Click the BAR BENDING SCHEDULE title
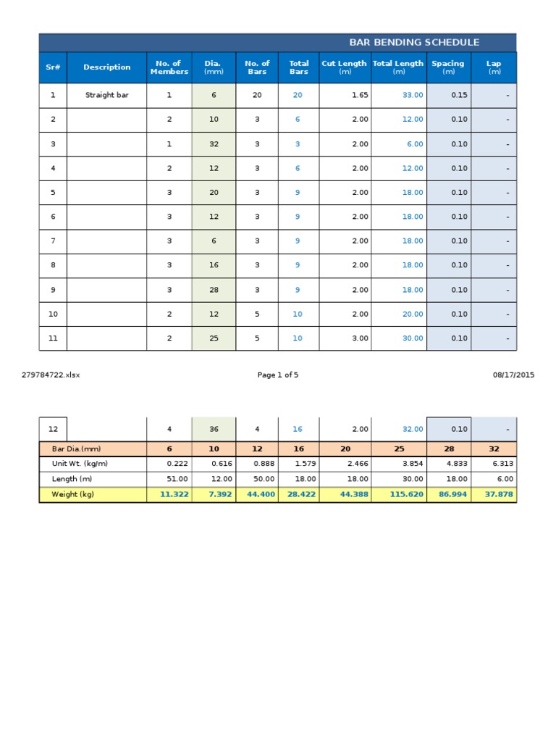[414, 43]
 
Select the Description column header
[107, 67]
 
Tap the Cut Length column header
[344, 67]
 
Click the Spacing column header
[448, 67]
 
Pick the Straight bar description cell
[107, 95]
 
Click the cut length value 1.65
[360, 95]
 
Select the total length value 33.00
[413, 95]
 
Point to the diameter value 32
[214, 144]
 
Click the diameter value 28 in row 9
[214, 290]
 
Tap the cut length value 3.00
[360, 338]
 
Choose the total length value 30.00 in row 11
[413, 338]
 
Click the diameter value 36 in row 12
[214, 429]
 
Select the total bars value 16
[298, 429]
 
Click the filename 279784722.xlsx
[51, 375]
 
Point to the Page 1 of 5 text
[278, 375]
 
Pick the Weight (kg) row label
[72, 495]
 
